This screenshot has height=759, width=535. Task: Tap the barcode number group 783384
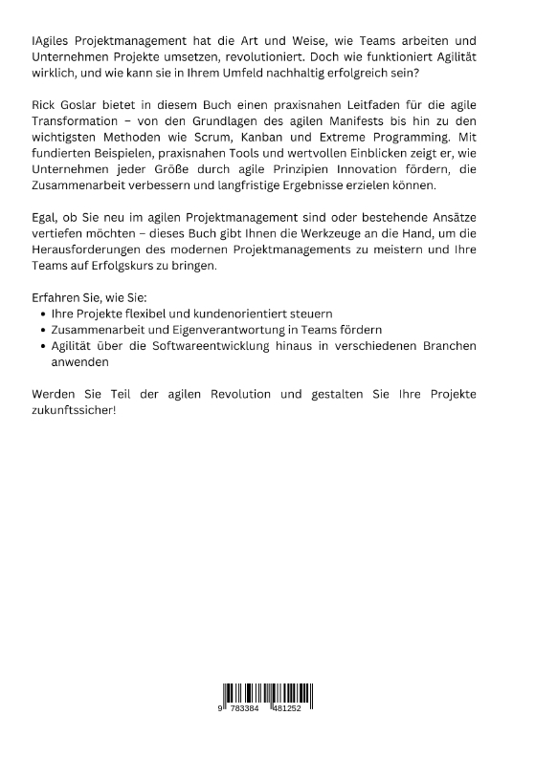248,710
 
